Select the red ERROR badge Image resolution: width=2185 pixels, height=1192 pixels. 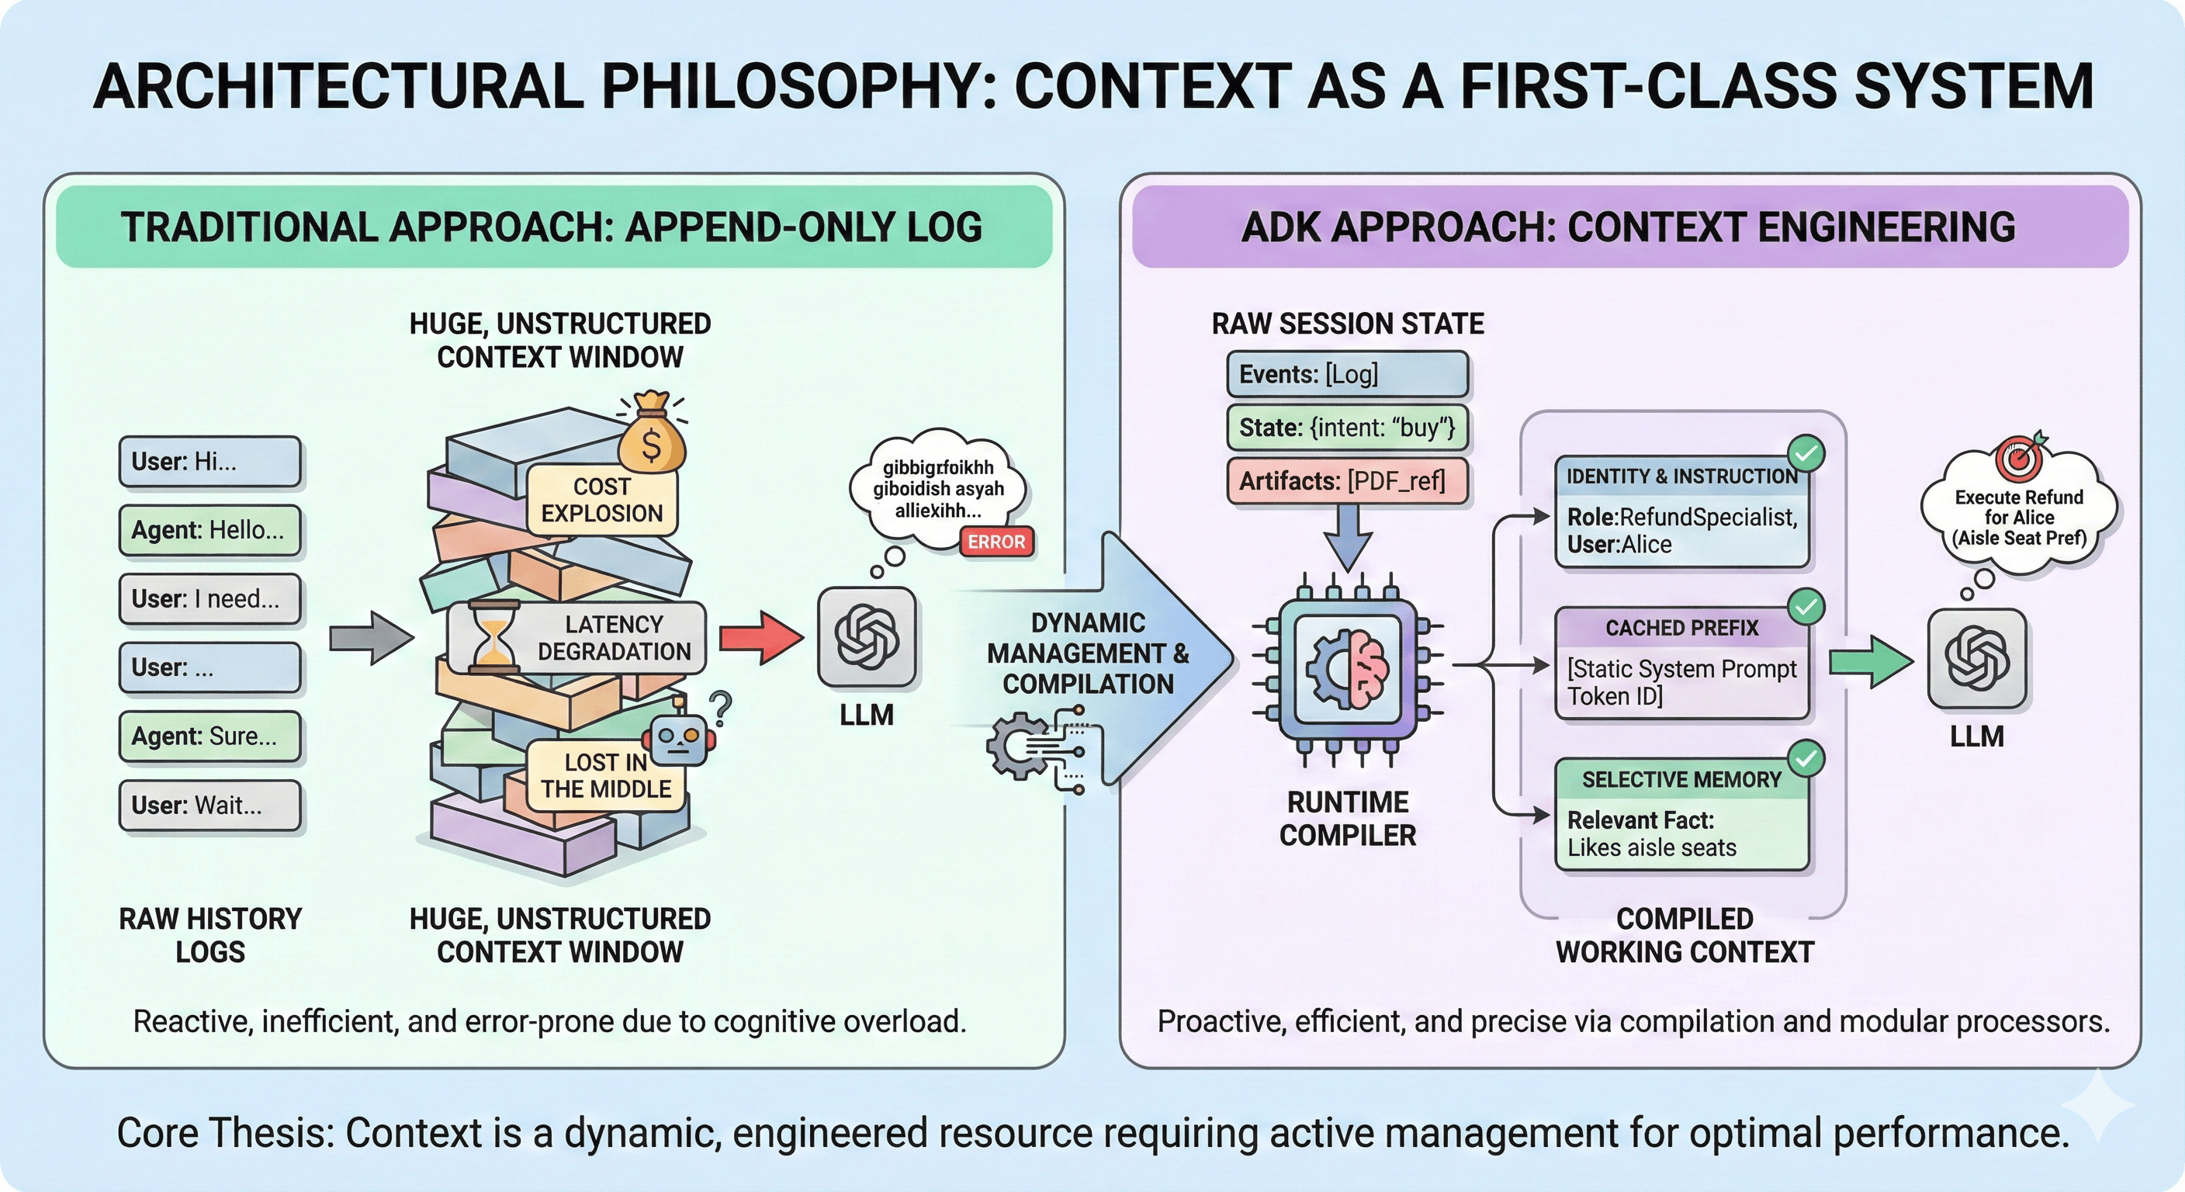pyautogui.click(x=996, y=541)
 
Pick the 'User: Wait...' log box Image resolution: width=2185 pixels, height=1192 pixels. pyautogui.click(x=209, y=805)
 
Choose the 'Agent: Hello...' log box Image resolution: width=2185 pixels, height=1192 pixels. pyautogui.click(x=209, y=530)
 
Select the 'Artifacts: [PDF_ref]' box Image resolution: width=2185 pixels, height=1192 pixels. pyautogui.click(x=1347, y=481)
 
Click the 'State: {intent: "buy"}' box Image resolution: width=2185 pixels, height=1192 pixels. pyautogui.click(x=1347, y=428)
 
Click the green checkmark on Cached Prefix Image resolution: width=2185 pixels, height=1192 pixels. pyautogui.click(x=1806, y=607)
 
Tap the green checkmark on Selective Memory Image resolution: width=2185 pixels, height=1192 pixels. pyautogui.click(x=1806, y=757)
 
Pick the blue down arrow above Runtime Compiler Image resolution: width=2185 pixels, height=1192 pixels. pyautogui.click(x=1347, y=536)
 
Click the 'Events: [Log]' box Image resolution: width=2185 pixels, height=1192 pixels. pyautogui.click(x=1347, y=374)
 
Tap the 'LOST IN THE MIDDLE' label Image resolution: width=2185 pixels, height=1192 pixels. pyautogui.click(x=606, y=775)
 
